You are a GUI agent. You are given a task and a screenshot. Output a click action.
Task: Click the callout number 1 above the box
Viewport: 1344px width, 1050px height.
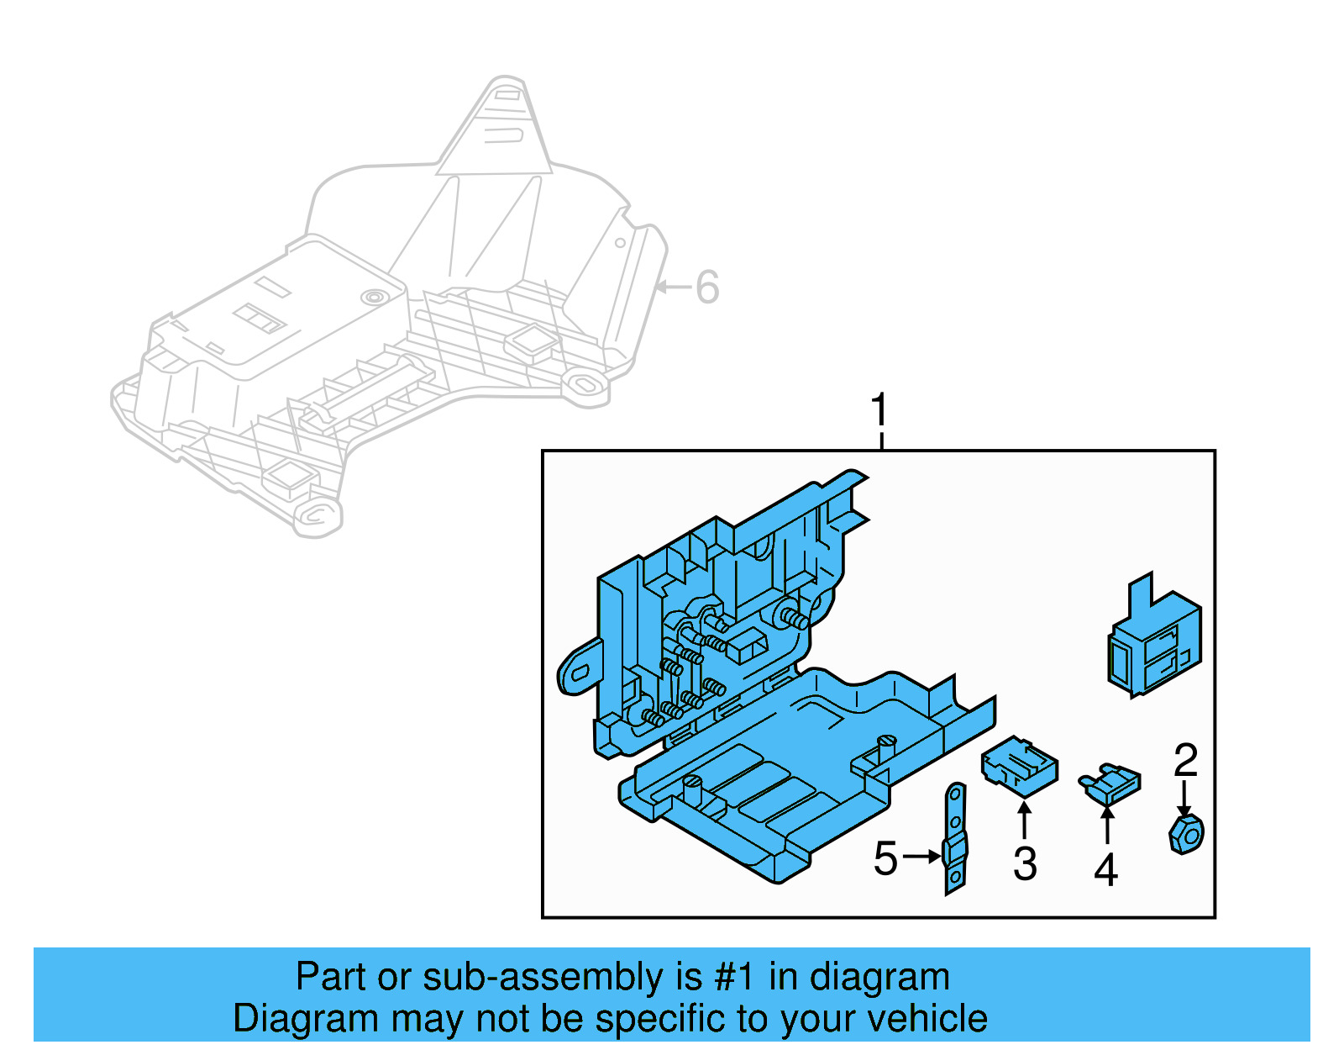click(879, 411)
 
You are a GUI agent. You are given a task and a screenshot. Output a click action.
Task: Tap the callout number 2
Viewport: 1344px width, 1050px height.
click(1185, 760)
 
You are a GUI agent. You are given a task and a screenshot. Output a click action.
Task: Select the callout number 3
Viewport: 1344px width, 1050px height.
click(1025, 864)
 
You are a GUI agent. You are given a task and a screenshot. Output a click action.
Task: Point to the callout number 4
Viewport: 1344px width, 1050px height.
click(1105, 870)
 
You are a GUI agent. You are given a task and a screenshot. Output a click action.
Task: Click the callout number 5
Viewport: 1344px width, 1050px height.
click(885, 858)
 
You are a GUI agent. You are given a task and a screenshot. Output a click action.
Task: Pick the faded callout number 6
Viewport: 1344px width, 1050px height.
click(707, 288)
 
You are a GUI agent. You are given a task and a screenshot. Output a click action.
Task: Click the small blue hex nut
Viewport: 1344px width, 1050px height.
click(1186, 833)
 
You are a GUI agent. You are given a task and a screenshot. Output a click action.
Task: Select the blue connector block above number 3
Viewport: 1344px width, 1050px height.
click(1019, 765)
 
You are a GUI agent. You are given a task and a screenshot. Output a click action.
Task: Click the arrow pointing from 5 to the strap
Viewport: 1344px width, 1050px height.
click(923, 857)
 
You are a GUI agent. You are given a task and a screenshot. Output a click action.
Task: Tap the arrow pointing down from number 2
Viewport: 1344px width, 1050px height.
click(1184, 798)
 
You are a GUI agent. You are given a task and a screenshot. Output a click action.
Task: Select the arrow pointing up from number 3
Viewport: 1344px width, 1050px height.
click(1024, 819)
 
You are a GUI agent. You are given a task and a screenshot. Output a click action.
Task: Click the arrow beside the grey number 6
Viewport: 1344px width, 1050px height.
click(672, 288)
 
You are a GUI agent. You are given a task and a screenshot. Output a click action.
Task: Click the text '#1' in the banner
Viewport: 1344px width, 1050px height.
click(735, 978)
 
